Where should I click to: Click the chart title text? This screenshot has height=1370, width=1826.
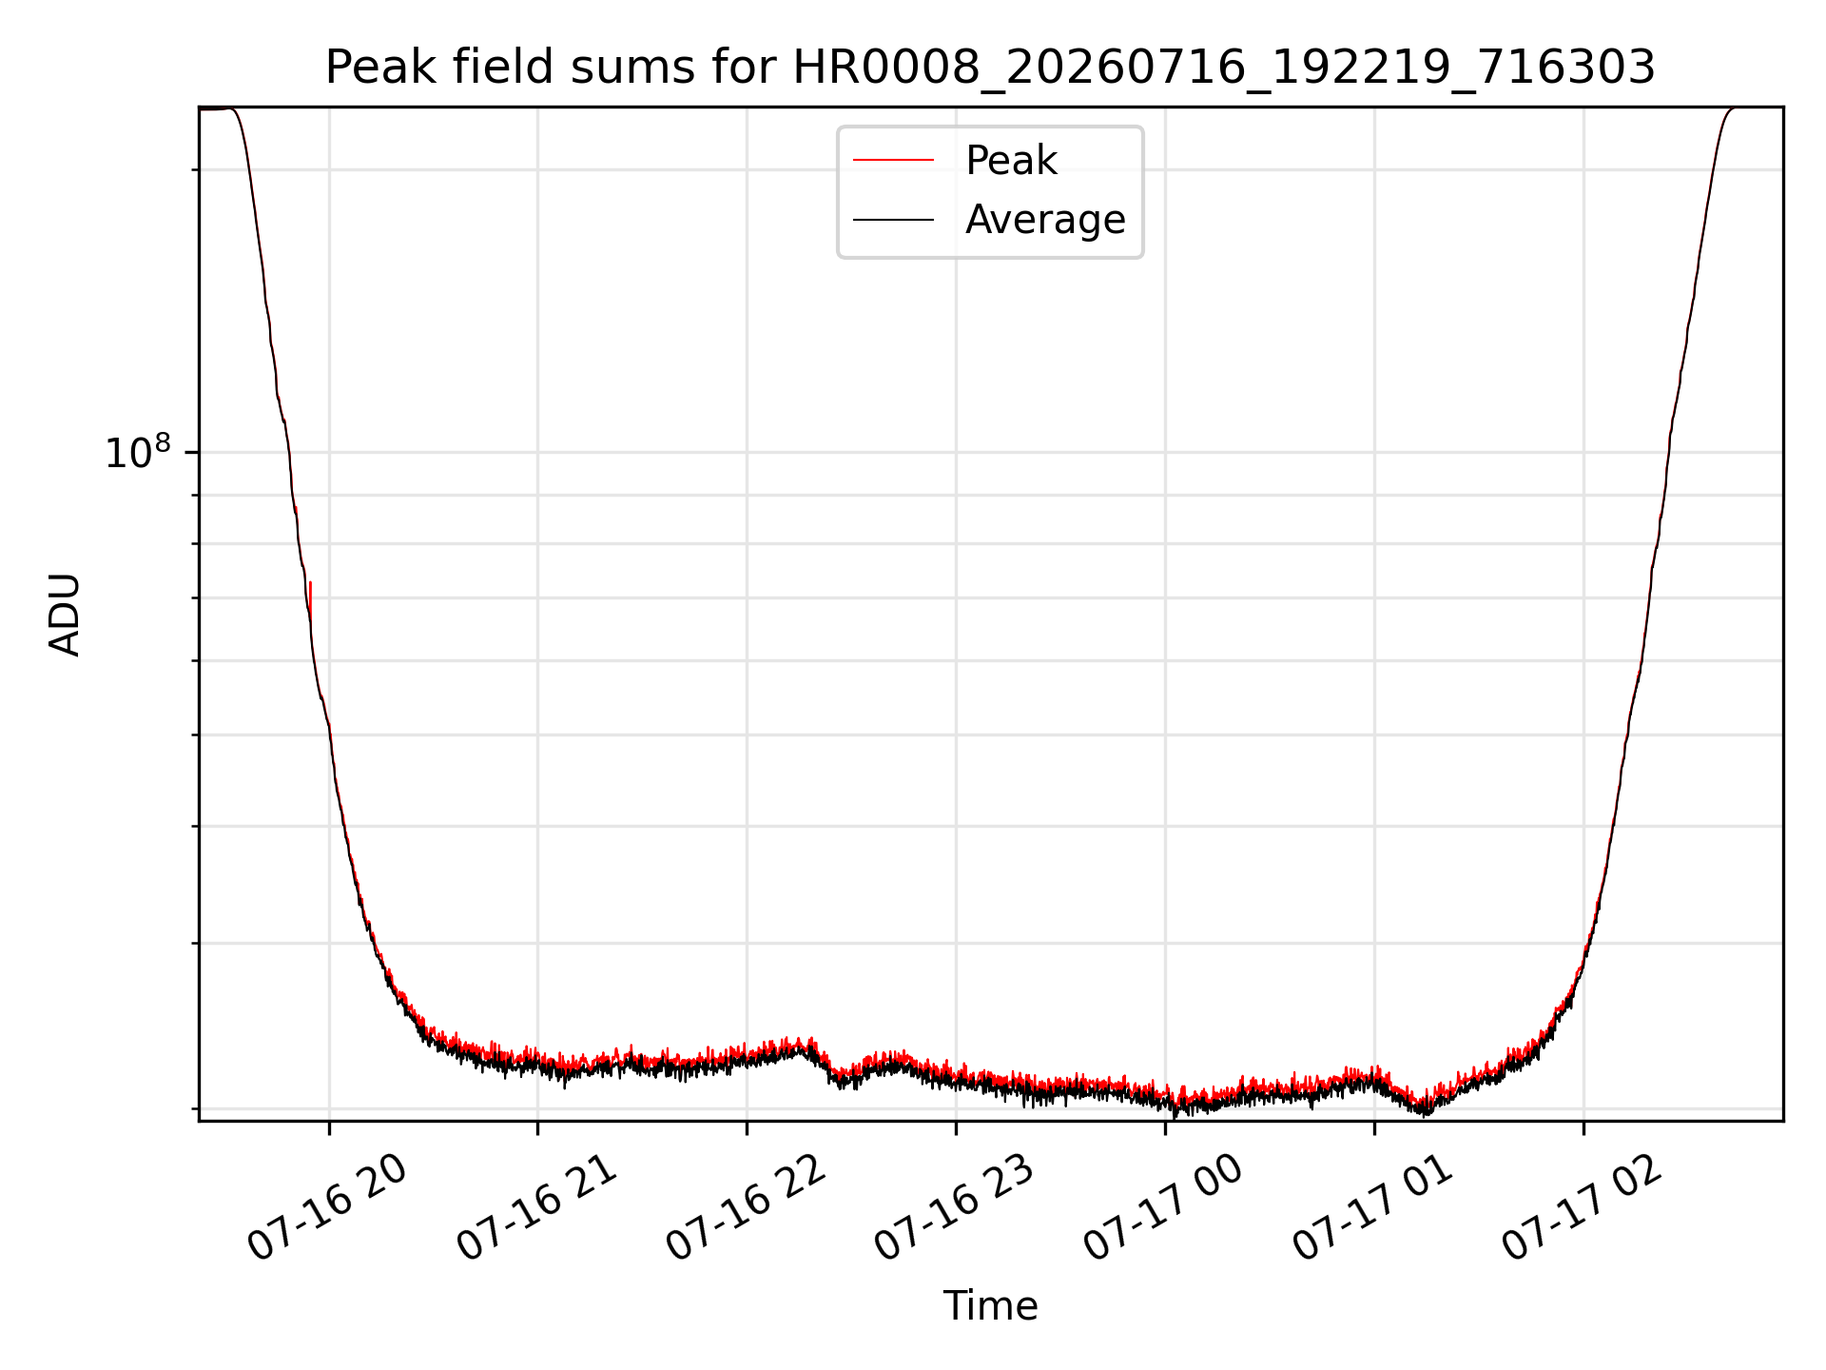990,68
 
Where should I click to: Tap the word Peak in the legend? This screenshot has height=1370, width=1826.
1011,161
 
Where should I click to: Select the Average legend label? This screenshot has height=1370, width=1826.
1045,220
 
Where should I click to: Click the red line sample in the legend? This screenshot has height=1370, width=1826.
893,161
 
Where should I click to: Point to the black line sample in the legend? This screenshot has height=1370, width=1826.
893,220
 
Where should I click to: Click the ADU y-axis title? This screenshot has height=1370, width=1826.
65,615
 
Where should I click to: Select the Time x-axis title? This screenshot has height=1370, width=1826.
990,1306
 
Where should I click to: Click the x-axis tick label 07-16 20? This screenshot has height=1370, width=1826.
328,1207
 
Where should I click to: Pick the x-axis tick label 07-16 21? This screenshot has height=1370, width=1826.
537,1207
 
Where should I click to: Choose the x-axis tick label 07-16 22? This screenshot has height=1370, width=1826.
747,1207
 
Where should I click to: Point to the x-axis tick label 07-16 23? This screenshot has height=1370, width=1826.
955,1207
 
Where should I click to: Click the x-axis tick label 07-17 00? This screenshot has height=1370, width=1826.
1164,1207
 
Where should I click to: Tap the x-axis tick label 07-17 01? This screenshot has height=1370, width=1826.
1373,1207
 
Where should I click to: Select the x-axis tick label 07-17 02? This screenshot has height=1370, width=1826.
1583,1207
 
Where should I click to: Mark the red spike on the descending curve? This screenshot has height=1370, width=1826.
310,599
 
